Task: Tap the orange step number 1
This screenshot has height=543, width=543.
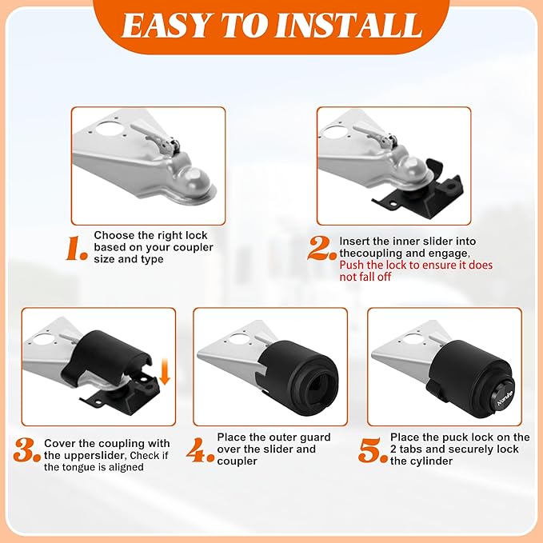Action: click(77, 250)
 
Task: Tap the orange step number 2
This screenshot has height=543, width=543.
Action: click(322, 249)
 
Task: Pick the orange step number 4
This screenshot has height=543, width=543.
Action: click(201, 450)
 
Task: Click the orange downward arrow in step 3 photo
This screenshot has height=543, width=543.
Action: click(164, 370)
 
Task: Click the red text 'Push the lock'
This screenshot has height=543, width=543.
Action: click(370, 265)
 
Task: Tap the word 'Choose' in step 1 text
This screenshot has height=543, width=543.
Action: click(113, 235)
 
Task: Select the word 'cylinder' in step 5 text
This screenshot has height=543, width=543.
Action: click(433, 461)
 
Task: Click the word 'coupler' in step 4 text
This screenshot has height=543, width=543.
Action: click(237, 461)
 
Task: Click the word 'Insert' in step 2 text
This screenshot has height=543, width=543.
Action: click(355, 240)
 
